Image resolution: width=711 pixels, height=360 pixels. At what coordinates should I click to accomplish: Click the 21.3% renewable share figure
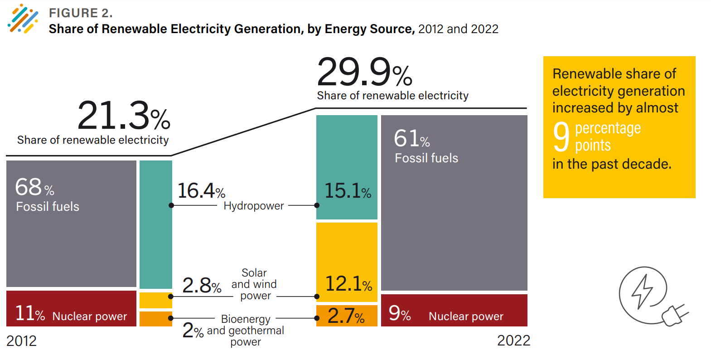[x=123, y=116]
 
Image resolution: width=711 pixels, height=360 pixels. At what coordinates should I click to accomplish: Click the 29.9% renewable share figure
[x=364, y=73]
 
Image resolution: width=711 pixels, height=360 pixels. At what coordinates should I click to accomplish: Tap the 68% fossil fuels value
[x=34, y=187]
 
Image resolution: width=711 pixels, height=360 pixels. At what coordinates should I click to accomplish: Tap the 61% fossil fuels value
[x=411, y=139]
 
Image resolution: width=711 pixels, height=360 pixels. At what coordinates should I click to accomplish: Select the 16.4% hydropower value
[x=201, y=191]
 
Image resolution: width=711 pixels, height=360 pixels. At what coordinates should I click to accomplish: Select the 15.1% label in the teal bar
[x=348, y=191]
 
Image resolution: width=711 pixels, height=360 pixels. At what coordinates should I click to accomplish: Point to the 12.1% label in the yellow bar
[x=348, y=284]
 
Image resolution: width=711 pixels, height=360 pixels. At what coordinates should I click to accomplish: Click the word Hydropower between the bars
[x=253, y=206]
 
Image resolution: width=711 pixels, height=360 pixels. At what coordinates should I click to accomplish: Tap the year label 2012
[x=21, y=341]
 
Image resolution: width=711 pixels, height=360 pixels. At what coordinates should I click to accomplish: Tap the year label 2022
[x=513, y=341]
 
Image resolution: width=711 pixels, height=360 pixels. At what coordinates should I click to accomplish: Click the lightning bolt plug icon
[x=651, y=296]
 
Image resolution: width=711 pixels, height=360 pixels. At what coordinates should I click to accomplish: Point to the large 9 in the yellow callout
[x=561, y=137]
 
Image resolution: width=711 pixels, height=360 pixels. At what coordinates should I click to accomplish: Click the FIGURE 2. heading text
[x=81, y=13]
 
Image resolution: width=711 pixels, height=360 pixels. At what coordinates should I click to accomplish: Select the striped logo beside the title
[x=23, y=19]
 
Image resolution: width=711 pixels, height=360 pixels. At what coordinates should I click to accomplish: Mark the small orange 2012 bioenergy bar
[x=155, y=319]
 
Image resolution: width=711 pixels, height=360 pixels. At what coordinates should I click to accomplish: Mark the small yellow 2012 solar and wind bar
[x=155, y=300]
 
